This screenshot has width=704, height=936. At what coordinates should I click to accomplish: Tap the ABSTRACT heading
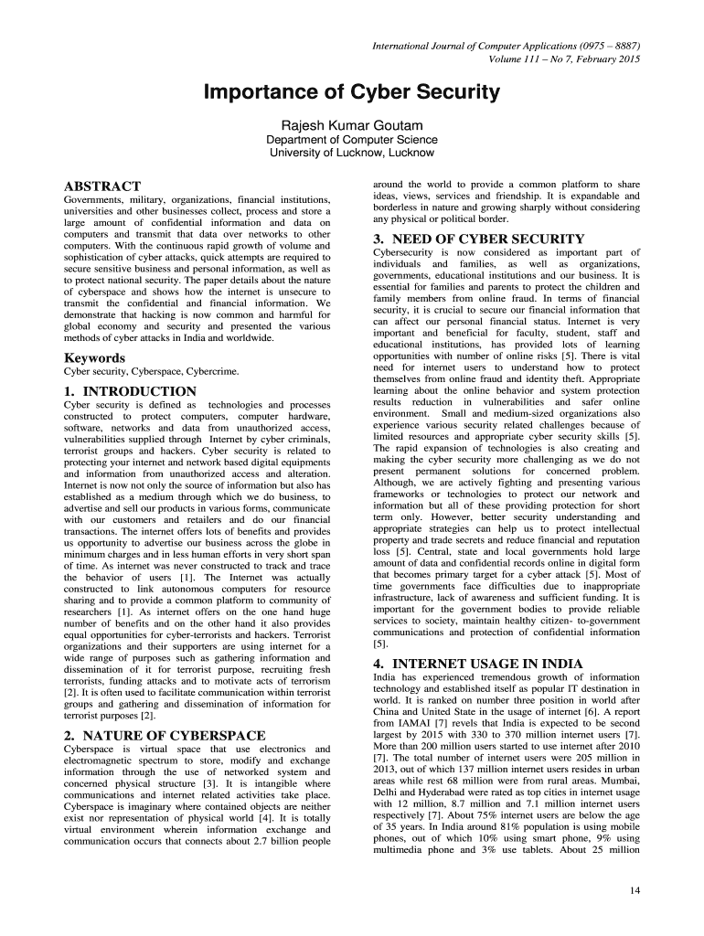(101, 186)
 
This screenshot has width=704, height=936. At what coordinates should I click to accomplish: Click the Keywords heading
(94, 358)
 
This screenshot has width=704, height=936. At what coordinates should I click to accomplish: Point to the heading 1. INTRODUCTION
(129, 391)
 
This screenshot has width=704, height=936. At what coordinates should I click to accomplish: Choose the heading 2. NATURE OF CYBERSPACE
(165, 735)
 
